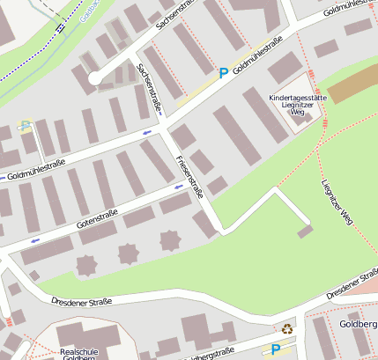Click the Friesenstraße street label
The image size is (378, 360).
189,176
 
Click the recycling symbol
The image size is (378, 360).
287,329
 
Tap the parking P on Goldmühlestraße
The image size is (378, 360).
224,74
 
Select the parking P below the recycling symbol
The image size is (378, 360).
276,349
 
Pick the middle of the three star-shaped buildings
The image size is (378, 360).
129,253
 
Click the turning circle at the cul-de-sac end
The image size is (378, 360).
95,78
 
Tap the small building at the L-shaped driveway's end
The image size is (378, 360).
306,231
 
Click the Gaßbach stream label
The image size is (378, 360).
89,11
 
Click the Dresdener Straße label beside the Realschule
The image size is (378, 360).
82,302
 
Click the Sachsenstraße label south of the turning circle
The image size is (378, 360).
150,89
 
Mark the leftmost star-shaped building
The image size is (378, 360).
87,264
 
